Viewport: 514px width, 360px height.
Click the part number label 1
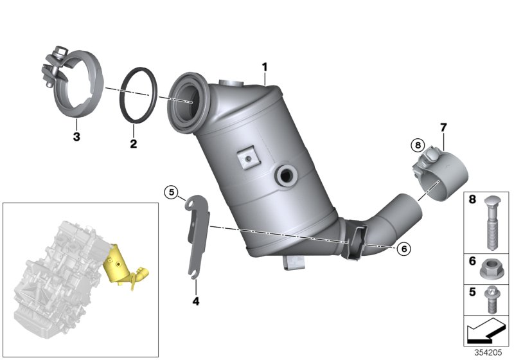point(264,67)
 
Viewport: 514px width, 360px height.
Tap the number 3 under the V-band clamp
point(76,136)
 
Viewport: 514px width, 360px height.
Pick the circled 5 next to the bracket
point(170,191)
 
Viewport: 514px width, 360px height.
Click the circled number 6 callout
point(403,247)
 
